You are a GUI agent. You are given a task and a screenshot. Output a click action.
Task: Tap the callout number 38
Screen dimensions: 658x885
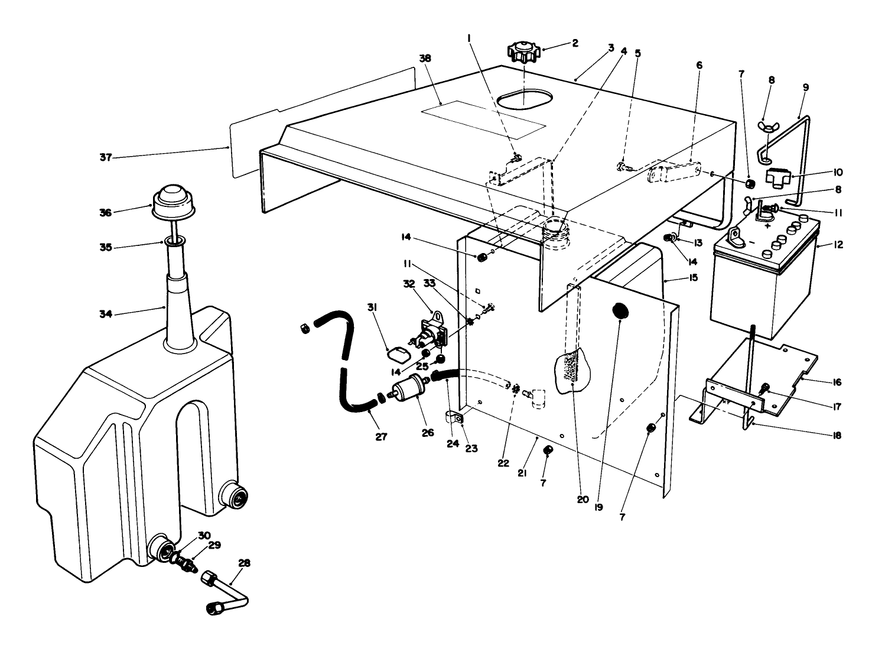point(425,59)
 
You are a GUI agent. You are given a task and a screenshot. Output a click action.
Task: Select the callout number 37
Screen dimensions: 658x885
point(106,157)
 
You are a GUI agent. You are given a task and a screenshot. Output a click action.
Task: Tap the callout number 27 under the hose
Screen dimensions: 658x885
point(381,437)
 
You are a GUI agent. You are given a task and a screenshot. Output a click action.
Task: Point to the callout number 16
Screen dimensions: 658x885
point(837,383)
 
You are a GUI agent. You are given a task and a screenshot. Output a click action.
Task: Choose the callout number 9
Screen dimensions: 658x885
point(806,87)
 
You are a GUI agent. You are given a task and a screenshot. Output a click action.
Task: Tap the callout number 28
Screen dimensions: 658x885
point(244,563)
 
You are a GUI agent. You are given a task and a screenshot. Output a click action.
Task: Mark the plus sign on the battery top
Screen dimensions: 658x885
point(767,226)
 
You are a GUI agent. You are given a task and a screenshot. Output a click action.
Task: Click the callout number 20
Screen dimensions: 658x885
point(583,499)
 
